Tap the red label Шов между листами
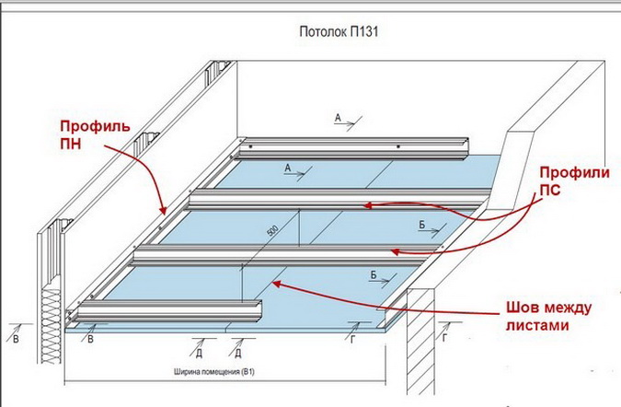coord(548,317)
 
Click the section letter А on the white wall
coord(338,118)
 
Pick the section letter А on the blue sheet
coord(288,169)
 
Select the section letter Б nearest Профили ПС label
coord(420,224)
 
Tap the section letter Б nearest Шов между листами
coord(374,274)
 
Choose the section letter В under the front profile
coord(90,340)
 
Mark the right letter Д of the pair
coord(237,353)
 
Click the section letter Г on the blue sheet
coord(353,340)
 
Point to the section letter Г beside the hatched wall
coord(445,340)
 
